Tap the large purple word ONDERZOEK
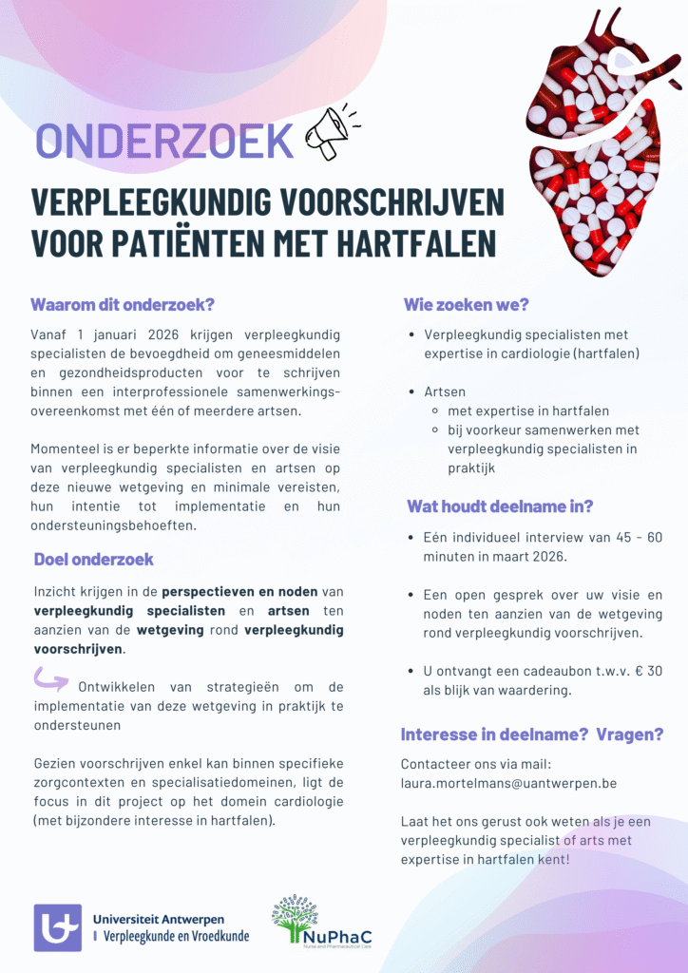coord(164,142)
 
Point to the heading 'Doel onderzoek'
coord(94,559)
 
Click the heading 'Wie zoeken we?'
coord(467,305)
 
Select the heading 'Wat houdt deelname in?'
coord(500,506)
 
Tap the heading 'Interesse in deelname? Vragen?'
coord(531,735)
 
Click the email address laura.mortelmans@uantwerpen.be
coord(508,784)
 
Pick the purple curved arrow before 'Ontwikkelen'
coord(51,678)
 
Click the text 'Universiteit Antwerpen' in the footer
coord(159,920)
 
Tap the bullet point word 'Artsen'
coord(445,391)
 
